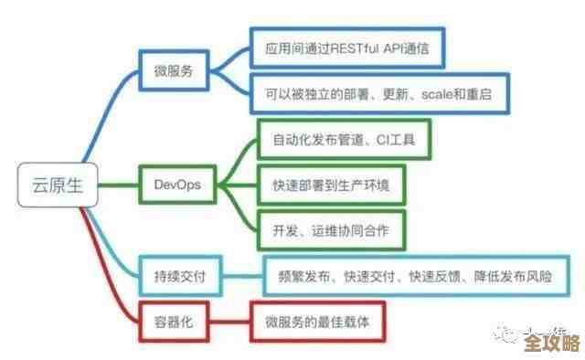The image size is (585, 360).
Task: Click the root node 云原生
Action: (x=49, y=185)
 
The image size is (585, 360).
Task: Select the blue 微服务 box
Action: (x=174, y=69)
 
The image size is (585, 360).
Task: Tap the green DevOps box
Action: (x=177, y=185)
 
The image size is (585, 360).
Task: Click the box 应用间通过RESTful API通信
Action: (x=346, y=48)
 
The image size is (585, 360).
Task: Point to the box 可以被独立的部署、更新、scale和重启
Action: (x=379, y=94)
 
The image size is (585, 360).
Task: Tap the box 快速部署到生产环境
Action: (x=330, y=185)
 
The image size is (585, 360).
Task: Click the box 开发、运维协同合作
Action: (x=330, y=230)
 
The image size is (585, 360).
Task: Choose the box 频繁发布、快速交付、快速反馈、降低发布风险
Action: (x=417, y=273)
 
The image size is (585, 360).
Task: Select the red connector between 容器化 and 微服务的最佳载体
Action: (x=230, y=322)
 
